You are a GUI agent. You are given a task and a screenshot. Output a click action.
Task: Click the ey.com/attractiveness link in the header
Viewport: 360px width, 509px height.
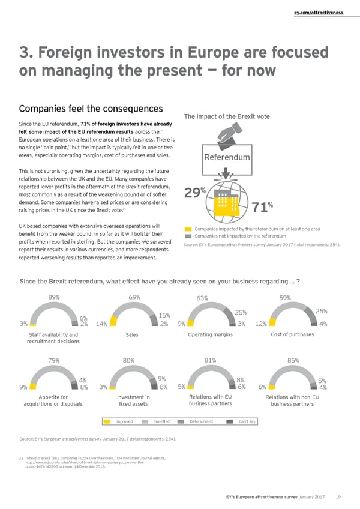(322, 12)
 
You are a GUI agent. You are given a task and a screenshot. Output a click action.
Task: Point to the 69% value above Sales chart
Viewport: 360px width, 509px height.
(134, 296)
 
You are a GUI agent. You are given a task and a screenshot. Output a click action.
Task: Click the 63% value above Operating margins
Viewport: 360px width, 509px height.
(202, 297)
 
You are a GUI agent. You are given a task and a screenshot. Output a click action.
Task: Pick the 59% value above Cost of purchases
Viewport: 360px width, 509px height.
(285, 297)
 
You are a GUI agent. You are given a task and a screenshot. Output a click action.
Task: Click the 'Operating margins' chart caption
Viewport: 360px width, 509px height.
(210, 334)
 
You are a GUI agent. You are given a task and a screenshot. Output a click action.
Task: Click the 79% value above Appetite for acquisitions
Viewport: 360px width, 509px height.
(53, 360)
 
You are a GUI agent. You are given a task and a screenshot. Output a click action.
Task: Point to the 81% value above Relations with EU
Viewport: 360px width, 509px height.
(210, 360)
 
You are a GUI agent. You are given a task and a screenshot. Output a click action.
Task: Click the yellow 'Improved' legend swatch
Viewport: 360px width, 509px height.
(109, 421)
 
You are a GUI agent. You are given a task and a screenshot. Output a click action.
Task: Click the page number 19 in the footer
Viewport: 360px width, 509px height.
(339, 497)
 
